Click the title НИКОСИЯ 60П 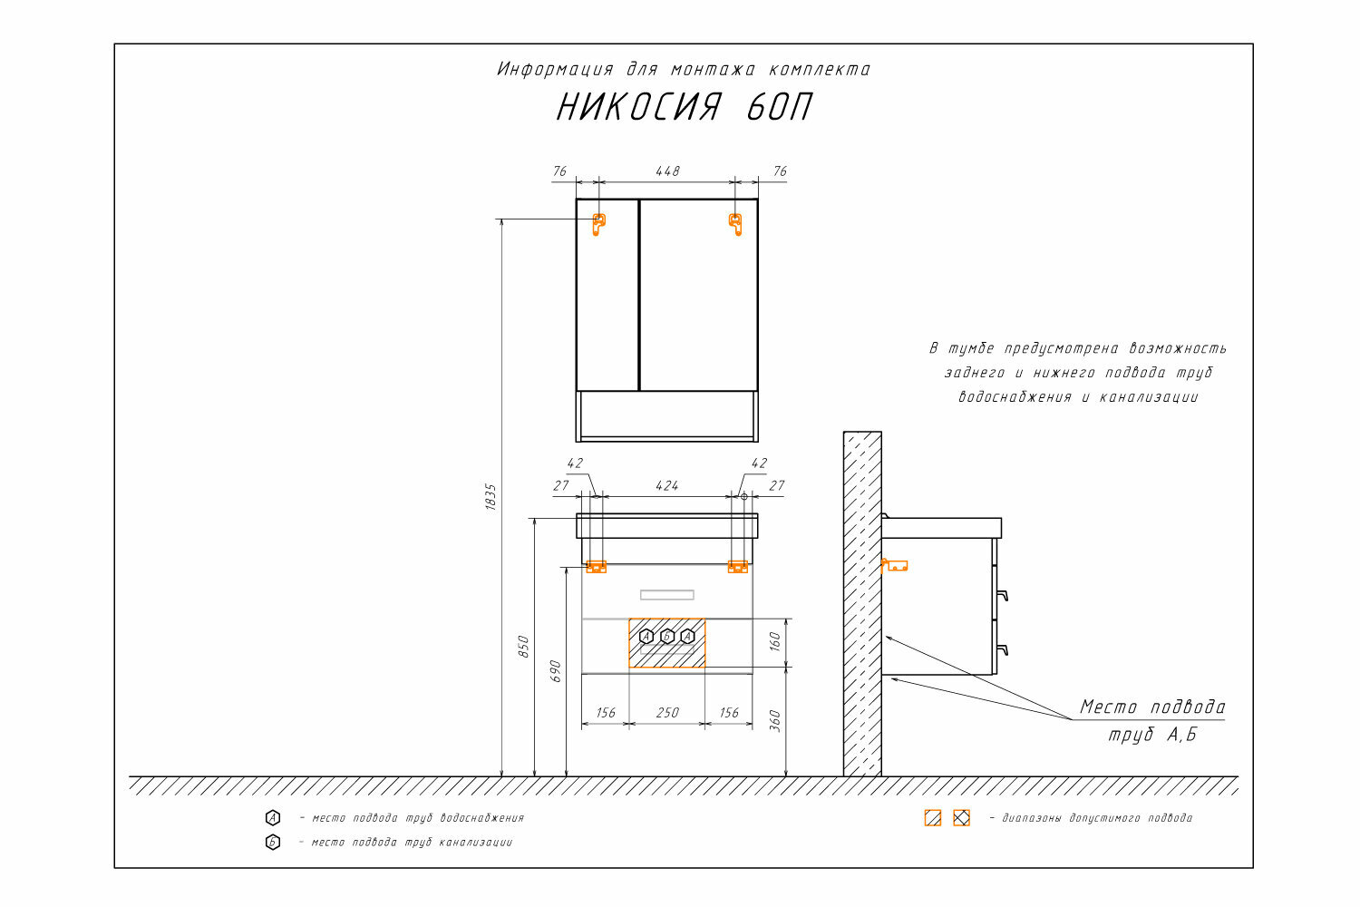click(684, 108)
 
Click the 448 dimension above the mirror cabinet click(667, 171)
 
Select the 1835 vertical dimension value click(491, 496)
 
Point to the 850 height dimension click(523, 646)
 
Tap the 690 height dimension click(555, 670)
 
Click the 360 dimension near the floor click(774, 720)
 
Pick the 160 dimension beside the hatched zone click(774, 642)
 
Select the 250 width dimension click(667, 712)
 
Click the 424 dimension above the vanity click(667, 485)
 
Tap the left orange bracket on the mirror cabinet click(598, 223)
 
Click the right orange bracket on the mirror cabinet click(735, 223)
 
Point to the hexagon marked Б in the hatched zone click(667, 637)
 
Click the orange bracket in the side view click(894, 565)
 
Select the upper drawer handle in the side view click(1002, 595)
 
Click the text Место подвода click(1151, 707)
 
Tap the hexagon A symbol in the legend click(273, 817)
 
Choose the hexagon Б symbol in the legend click(273, 842)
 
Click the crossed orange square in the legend click(961, 817)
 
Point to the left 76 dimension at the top click(559, 171)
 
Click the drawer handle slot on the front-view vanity click(667, 595)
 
